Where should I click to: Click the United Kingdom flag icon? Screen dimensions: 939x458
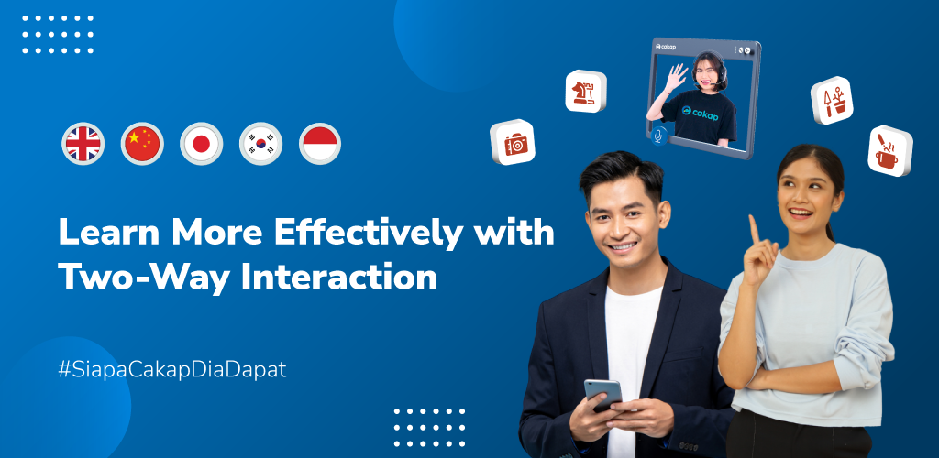(83, 144)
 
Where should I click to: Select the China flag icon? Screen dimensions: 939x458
(142, 144)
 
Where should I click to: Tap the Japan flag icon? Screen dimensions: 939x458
(201, 144)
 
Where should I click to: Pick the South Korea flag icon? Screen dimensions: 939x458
(260, 144)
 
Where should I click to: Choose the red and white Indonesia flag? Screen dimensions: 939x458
(320, 144)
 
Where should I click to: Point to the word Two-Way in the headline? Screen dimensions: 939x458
(144, 277)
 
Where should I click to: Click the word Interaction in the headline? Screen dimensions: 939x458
(339, 277)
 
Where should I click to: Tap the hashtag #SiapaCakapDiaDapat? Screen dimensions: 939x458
(172, 370)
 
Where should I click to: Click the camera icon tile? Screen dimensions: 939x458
(513, 142)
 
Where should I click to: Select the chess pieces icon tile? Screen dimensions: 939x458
(586, 92)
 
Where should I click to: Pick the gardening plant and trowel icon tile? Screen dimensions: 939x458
(832, 101)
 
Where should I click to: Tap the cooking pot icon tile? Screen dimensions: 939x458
(889, 150)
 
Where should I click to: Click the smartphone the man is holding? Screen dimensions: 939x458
(603, 394)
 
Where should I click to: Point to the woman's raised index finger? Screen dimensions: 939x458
(754, 230)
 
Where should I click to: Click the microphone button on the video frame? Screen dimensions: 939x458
(658, 136)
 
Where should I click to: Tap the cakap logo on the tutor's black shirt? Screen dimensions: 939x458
(700, 113)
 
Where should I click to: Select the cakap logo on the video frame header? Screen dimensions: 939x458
(666, 47)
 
